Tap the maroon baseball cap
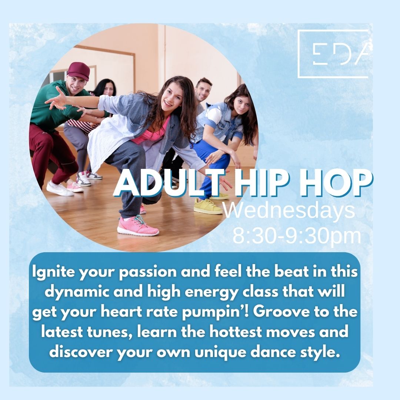pos(79,71)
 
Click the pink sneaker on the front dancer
pos(138,225)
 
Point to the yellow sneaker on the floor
pos(208,206)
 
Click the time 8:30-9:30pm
pos(297,236)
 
